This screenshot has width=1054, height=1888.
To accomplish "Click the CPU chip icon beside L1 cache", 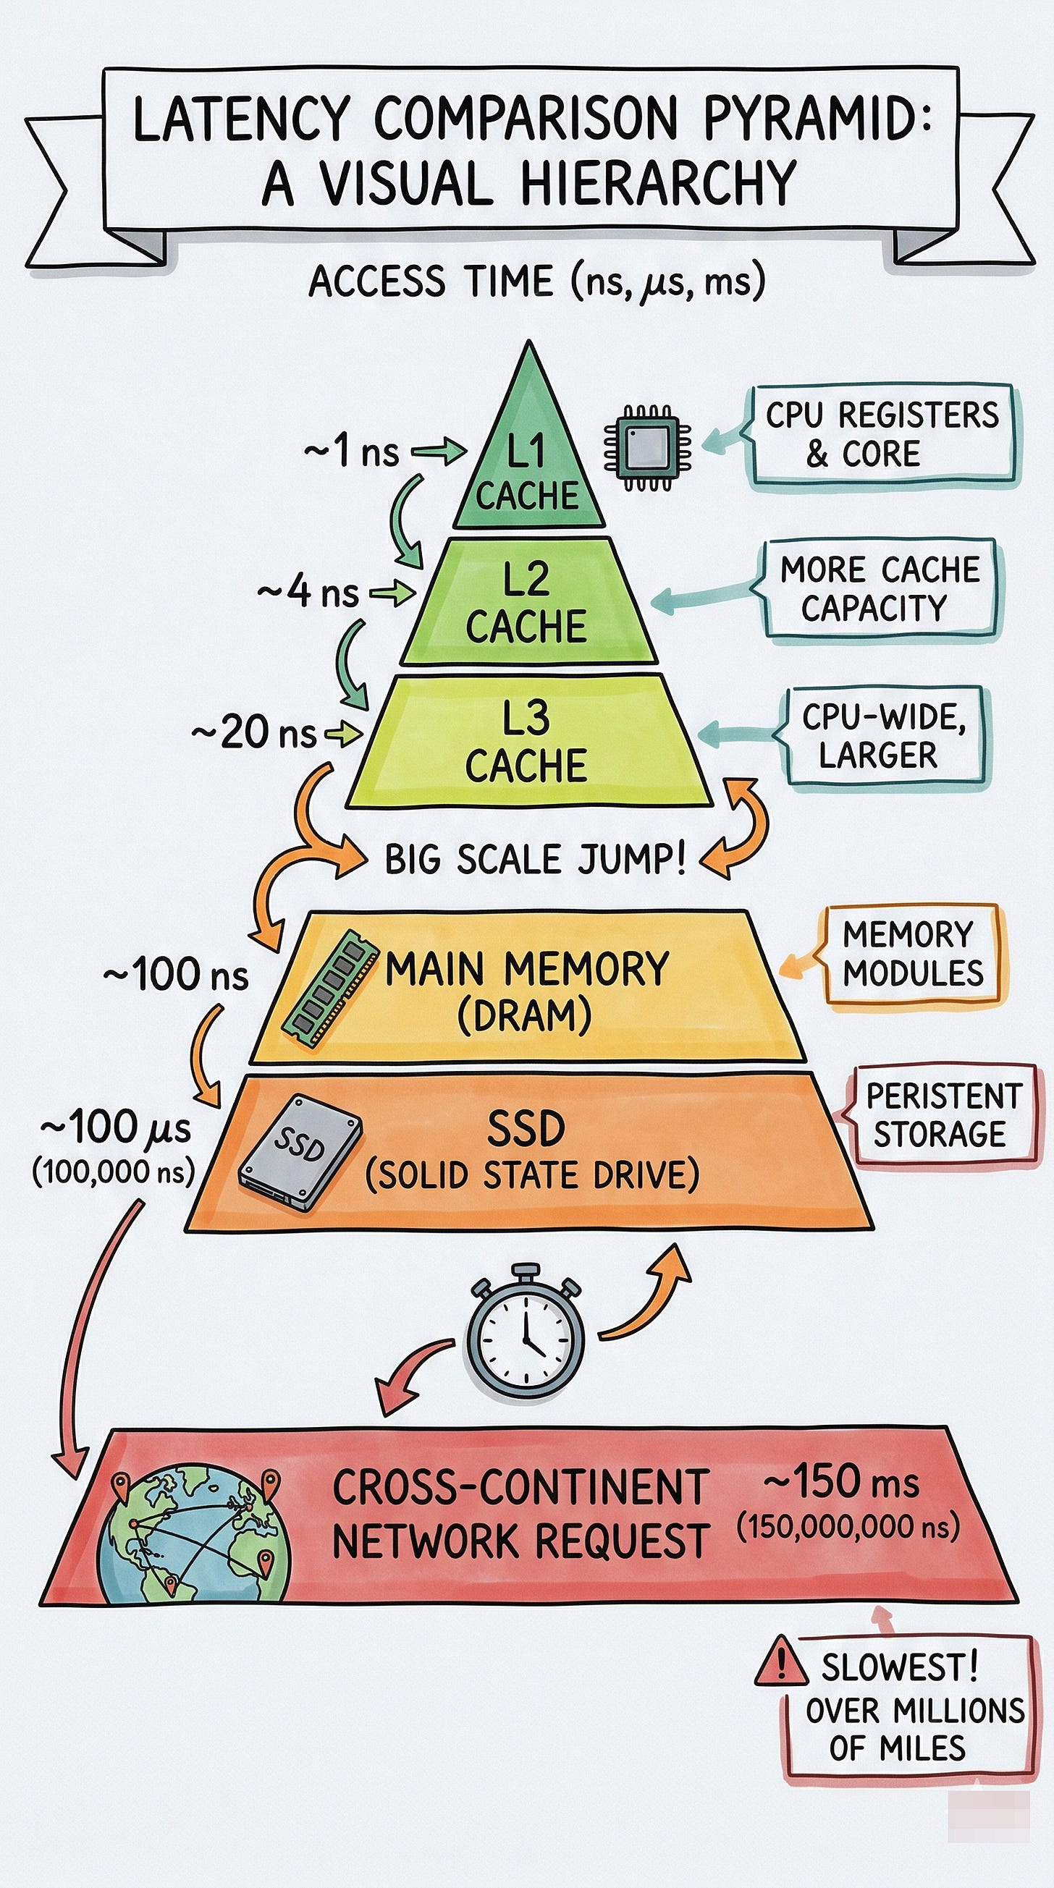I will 647,447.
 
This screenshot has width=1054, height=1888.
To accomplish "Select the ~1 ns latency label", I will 352,452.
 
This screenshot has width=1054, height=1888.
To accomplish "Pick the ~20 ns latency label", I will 254,732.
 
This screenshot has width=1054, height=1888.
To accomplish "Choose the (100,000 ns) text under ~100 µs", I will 114,1172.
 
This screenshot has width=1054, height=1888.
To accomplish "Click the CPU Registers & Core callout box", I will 881,434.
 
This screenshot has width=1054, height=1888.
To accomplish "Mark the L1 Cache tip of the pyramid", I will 528,469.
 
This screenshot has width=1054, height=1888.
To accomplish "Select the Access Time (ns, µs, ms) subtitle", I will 536,281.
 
